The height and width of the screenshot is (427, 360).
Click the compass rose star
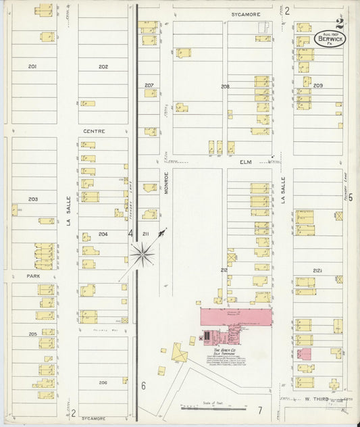[x=142, y=255]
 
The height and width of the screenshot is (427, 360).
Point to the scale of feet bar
[x=207, y=408]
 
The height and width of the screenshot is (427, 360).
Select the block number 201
[x=32, y=66]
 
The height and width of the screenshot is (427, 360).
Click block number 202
[x=103, y=66]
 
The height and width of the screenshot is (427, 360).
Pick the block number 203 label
[x=32, y=199]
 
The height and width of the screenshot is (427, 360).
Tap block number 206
[x=103, y=382]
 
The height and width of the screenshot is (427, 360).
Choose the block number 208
[x=225, y=86]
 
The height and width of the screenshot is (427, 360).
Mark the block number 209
[x=317, y=86]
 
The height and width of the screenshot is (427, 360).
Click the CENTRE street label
[x=94, y=130]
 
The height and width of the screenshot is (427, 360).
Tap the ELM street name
[x=245, y=162]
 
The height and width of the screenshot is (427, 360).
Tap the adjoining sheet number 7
[x=259, y=410]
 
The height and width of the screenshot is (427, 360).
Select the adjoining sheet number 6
[x=143, y=386]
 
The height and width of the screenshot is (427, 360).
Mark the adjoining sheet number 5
[x=351, y=197]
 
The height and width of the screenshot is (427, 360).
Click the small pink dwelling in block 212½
[x=305, y=353]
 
